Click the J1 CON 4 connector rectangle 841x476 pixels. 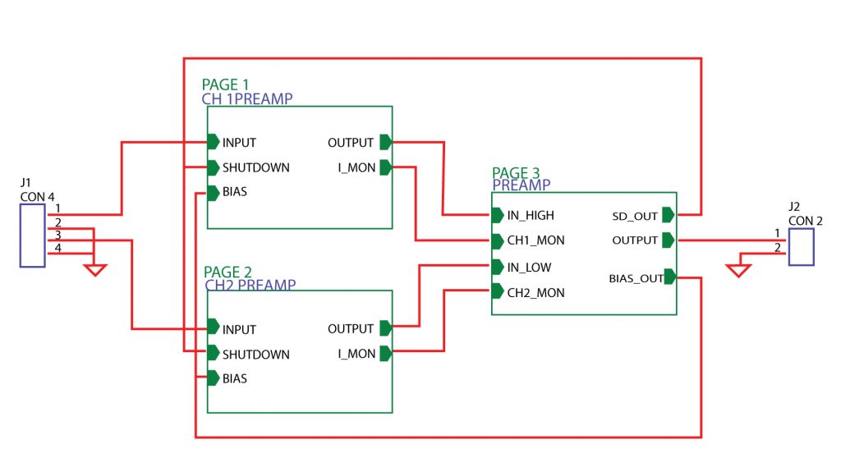(x=32, y=236)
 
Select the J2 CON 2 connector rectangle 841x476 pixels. (x=801, y=247)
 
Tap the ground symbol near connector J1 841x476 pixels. (x=96, y=269)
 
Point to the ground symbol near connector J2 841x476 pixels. (x=738, y=270)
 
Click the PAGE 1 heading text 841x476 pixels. (x=225, y=85)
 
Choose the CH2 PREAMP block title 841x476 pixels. (x=250, y=285)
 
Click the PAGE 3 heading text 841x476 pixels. (x=516, y=173)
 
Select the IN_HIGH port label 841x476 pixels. (x=531, y=216)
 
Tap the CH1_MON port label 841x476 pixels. (x=535, y=241)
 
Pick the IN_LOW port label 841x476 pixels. (x=529, y=268)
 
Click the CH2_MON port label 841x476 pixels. (x=535, y=293)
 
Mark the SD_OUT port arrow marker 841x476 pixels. (x=668, y=215)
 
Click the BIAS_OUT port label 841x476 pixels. (x=636, y=278)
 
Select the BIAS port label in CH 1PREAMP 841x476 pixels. (x=235, y=192)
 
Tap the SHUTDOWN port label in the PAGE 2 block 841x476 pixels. (x=255, y=355)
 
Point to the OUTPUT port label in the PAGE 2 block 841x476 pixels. (x=351, y=329)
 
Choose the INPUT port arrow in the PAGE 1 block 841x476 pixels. (x=213, y=142)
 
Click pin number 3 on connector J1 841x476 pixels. (x=58, y=236)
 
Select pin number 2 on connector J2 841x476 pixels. (x=777, y=248)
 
